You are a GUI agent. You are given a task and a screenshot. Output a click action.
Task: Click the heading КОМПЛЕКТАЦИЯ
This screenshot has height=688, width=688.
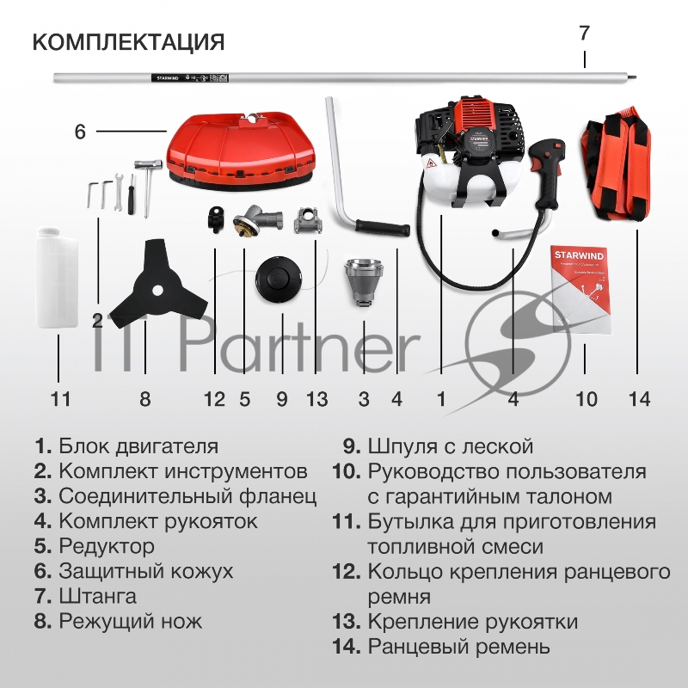(128, 42)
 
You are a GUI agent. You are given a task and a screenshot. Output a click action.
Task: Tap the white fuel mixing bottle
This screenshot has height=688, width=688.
(57, 277)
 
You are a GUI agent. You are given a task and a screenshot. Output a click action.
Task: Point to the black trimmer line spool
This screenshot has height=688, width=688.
(278, 279)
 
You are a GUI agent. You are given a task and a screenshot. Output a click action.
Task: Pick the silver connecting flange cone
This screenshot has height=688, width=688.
(364, 283)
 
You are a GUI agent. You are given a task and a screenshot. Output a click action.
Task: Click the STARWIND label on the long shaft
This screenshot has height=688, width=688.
(168, 78)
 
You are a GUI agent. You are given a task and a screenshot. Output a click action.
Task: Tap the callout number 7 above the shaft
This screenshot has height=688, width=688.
(584, 33)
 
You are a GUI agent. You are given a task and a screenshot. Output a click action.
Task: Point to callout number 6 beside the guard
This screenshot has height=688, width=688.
(80, 132)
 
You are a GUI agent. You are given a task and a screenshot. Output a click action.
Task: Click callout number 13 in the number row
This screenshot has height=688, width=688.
(316, 399)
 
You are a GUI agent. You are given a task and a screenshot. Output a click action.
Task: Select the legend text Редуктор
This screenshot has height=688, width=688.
(107, 546)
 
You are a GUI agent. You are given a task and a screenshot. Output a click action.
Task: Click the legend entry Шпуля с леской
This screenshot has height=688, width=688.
(451, 446)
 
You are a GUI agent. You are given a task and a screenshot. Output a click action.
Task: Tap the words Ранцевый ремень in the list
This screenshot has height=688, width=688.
(459, 647)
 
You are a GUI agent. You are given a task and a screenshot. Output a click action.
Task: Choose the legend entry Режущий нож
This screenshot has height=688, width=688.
(131, 621)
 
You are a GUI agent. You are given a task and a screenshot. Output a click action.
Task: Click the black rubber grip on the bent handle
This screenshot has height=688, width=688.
(383, 227)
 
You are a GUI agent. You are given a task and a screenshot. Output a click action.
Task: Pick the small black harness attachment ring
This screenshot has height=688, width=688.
(216, 219)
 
